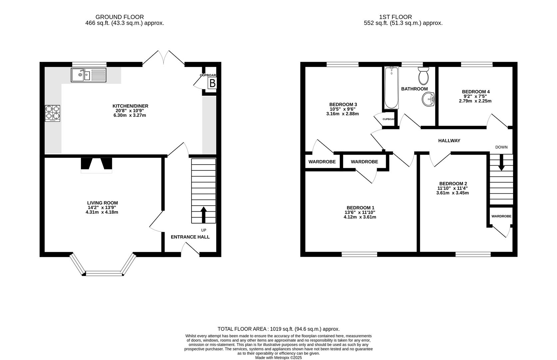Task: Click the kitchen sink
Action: (x=89, y=75)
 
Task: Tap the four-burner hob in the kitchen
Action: (x=52, y=113)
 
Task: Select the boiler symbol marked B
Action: (x=212, y=83)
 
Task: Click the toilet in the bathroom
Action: (x=423, y=76)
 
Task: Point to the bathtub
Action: (x=391, y=88)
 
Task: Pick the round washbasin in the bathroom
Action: (x=428, y=99)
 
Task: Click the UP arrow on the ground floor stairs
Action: (x=204, y=215)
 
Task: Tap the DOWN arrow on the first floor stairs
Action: (x=501, y=162)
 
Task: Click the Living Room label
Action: (x=103, y=203)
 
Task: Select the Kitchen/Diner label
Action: (x=130, y=106)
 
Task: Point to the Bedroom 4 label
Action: (x=476, y=92)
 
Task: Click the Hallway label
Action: (x=449, y=141)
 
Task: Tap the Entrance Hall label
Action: (x=190, y=237)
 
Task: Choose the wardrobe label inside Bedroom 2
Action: (x=501, y=216)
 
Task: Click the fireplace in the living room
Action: (x=97, y=165)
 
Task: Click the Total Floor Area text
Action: (x=278, y=329)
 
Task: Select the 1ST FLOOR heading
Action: (x=395, y=17)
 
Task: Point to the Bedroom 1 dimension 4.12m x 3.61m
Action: (x=360, y=217)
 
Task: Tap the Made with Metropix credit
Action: (x=278, y=358)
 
